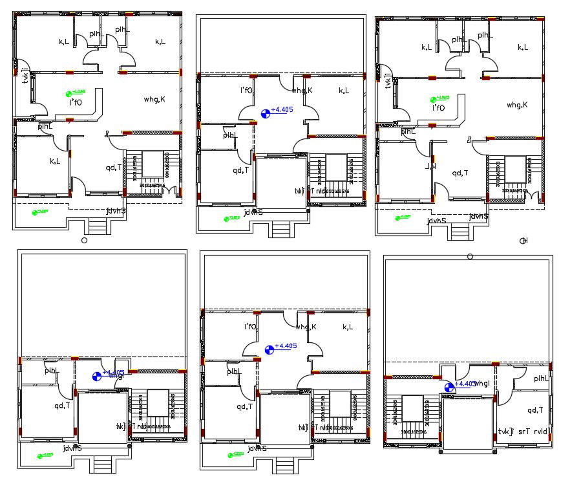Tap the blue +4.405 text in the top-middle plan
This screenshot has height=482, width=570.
[x=282, y=110]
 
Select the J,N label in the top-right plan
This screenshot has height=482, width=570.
[x=430, y=167]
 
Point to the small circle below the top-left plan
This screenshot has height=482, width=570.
[x=84, y=240]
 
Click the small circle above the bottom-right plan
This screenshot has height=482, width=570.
[x=470, y=257]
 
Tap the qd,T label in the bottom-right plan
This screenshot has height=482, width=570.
[x=535, y=410]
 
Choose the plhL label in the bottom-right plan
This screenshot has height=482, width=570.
[x=541, y=378]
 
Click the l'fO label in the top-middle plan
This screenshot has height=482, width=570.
[x=246, y=91]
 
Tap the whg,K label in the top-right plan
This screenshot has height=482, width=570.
[x=517, y=105]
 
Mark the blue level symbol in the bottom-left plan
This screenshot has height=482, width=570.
[x=97, y=376]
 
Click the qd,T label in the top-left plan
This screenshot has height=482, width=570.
[x=113, y=168]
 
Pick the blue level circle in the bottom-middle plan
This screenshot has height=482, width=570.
[x=269, y=349]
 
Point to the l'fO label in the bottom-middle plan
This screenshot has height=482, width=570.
[x=251, y=327]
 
